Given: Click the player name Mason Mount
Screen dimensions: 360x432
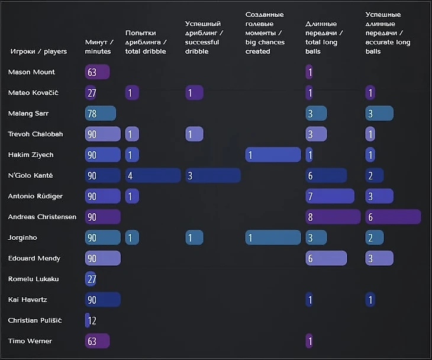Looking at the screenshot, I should coord(31,72).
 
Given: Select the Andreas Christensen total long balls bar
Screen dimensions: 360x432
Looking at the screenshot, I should coord(333,217).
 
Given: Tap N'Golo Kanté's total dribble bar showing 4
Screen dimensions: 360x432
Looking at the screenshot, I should coord(153,175).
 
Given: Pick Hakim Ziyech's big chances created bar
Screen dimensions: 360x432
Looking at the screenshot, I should coord(273,155).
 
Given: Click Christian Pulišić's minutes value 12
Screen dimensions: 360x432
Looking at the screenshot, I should coord(91,320).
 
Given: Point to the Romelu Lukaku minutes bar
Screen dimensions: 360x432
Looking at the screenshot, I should coord(91,279).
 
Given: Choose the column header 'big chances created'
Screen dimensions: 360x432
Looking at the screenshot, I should coord(265,33).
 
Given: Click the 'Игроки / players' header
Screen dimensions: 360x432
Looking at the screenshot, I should coord(38,52).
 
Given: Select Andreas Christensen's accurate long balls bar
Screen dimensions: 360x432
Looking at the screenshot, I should coord(393,217).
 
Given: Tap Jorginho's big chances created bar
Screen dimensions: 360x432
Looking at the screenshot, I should coord(273,237).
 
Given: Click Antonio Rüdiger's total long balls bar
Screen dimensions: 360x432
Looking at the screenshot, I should coord(330,196).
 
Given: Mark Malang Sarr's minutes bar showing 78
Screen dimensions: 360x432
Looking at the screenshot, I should coord(100,114).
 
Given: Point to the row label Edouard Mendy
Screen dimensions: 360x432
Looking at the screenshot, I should coord(34,258).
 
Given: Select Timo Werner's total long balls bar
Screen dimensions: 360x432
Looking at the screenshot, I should coord(309,341).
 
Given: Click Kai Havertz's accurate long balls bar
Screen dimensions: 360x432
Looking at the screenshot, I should coord(370,300).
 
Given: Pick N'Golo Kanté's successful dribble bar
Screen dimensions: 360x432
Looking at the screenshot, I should coord(212,175).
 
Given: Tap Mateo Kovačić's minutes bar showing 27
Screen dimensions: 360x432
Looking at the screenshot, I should coord(91,93).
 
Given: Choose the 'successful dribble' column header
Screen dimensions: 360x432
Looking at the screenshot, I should coord(202,38).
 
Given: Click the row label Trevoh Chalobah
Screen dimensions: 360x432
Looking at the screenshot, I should coord(36,134).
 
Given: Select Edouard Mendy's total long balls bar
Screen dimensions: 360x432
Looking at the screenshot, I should coord(326,258).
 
